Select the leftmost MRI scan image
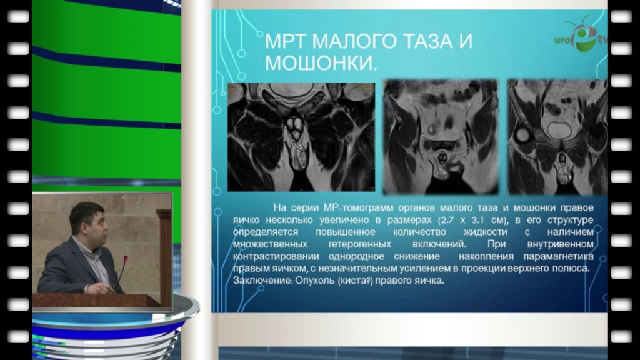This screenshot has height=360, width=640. coord(301,137)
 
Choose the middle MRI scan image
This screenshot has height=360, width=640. coord(441,137)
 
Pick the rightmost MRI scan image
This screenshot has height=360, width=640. coord(557,137)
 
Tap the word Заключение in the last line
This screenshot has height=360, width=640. coord(262,281)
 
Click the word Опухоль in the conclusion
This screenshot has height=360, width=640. coord(314,281)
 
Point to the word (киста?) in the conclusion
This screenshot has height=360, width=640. coord(355,281)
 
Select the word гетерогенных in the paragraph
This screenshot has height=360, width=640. coord(359,244)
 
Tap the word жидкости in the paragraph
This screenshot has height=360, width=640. coord(485,232)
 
